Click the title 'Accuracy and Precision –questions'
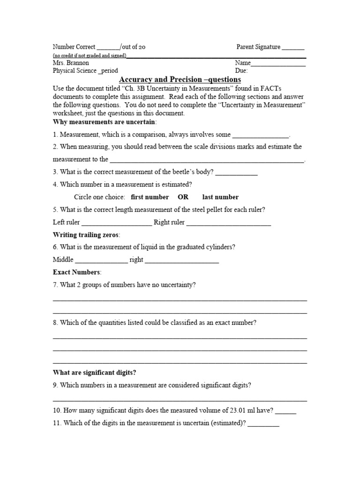180,80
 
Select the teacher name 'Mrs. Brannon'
71,63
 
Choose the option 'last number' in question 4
220,197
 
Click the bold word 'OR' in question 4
183,197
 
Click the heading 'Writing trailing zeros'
86,234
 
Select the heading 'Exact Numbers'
76,272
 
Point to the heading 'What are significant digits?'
95,373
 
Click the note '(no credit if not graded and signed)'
90,55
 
